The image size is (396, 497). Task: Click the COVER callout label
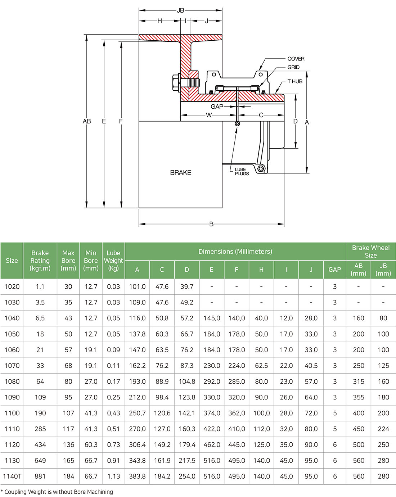(296, 59)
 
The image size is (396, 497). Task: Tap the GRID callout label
(293, 67)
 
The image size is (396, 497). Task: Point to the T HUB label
(295, 81)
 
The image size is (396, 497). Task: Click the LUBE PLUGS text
(242, 171)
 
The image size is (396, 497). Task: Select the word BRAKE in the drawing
(180, 173)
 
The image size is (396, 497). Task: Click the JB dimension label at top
(180, 10)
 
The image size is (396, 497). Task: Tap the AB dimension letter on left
(86, 121)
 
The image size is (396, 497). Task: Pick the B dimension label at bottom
(211, 224)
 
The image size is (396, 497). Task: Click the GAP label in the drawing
(217, 107)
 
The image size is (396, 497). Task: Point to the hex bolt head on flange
(176, 82)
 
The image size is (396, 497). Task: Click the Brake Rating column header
(40, 261)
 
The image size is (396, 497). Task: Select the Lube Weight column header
(113, 261)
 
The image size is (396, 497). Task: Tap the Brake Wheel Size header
(370, 251)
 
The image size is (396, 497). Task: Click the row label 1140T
(12, 476)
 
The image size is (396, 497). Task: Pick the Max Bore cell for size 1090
(68, 397)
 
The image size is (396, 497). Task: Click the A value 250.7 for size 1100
(137, 413)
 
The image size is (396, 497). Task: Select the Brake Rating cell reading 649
(40, 460)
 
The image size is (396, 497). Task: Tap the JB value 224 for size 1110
(383, 429)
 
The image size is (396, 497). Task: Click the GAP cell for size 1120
(334, 444)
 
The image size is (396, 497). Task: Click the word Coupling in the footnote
(17, 492)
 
